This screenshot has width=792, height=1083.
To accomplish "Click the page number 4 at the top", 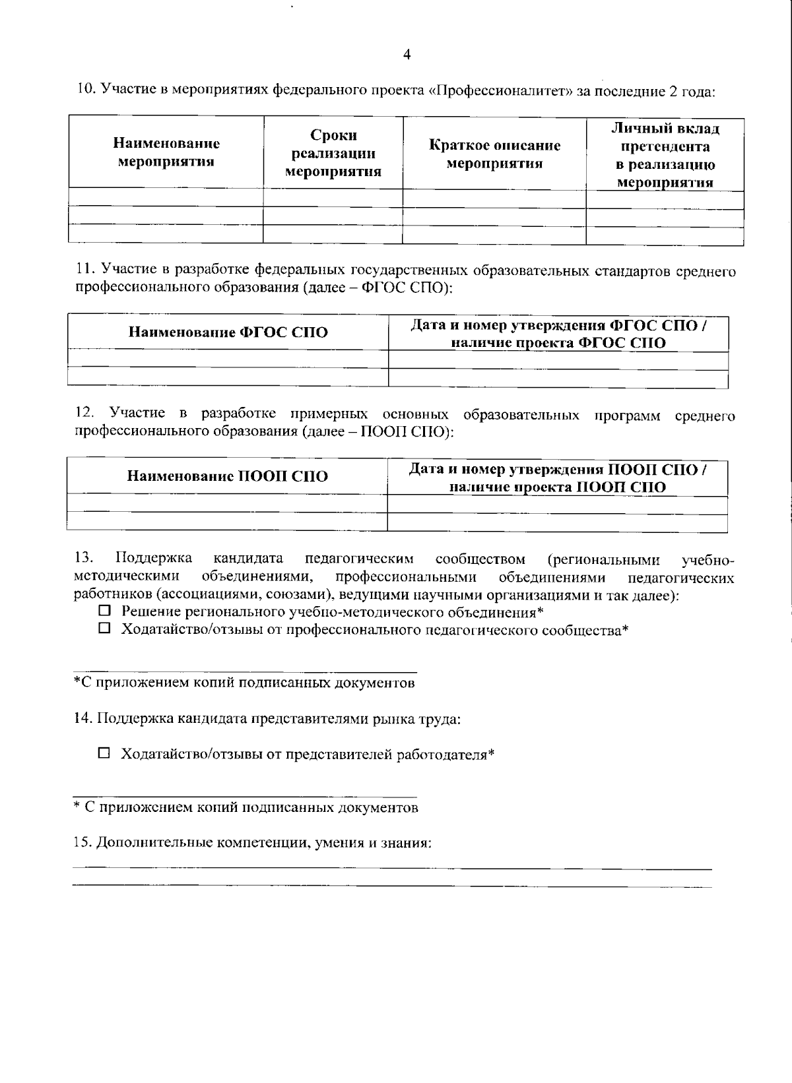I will pyautogui.click(x=407, y=55).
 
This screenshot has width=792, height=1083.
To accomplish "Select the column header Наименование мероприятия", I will pyautogui.click(x=166, y=152).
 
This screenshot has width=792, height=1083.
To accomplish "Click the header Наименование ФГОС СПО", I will pyautogui.click(x=228, y=332).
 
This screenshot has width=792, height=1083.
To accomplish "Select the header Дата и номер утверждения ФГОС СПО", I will pyautogui.click(x=558, y=334).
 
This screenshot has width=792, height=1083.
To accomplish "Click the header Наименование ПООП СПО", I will pyautogui.click(x=227, y=476).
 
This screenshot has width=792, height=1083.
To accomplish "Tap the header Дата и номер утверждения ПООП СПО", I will pyautogui.click(x=558, y=478).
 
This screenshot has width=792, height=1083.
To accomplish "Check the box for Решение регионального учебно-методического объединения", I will pyautogui.click(x=104, y=612).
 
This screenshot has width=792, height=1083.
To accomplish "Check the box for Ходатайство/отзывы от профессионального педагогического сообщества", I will pyautogui.click(x=104, y=629).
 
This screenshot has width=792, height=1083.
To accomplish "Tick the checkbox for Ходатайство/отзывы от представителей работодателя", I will pyautogui.click(x=104, y=753).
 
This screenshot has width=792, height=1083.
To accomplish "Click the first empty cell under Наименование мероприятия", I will pyautogui.click(x=166, y=198).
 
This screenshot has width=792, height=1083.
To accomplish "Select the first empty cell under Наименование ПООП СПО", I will pyautogui.click(x=227, y=505).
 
